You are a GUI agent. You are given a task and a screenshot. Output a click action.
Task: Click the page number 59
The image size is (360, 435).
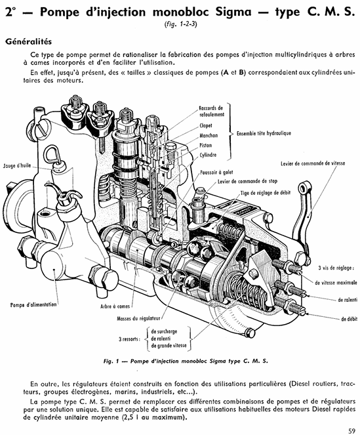pos(351,430)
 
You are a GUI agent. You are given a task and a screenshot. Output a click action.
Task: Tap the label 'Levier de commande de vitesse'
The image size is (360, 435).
pos(313,163)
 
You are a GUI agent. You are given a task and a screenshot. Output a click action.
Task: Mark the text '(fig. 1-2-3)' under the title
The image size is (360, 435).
pos(180,24)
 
